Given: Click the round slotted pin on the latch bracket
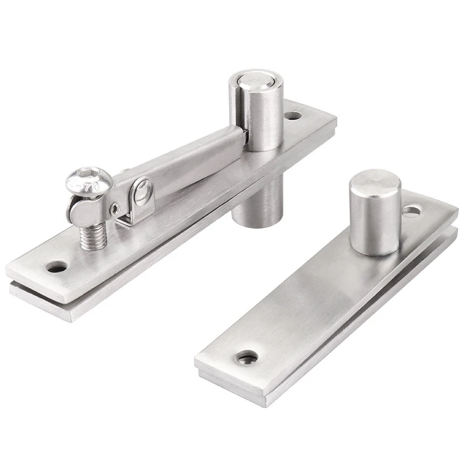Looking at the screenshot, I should (141, 189).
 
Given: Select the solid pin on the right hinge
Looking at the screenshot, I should (374, 216).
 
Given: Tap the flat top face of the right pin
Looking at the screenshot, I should (375, 182).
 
